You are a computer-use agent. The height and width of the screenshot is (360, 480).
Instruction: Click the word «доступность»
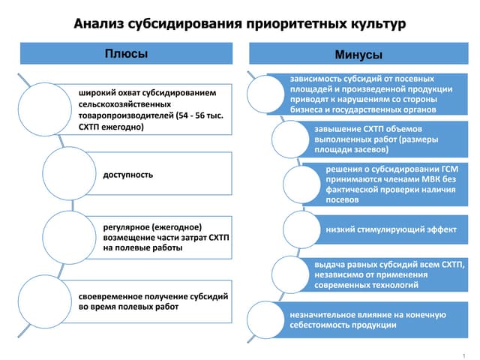coord(128,175)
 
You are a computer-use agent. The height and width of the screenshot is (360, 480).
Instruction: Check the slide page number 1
coord(465,352)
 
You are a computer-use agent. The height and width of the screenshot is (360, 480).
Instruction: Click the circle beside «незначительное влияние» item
coord(266,320)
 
